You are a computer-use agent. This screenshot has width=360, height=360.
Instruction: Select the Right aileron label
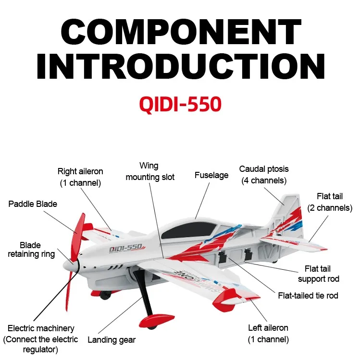tap(80, 177)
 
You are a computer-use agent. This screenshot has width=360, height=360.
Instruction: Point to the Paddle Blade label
tap(33, 204)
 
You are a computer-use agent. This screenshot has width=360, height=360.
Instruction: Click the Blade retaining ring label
tap(30, 250)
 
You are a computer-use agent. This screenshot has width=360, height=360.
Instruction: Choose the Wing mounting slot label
tap(149, 172)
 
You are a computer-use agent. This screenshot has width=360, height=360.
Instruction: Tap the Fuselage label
tap(211, 175)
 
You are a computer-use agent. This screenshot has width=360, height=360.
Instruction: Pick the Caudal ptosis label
tap(264, 175)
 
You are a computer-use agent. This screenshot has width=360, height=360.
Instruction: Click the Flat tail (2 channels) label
tap(330, 202)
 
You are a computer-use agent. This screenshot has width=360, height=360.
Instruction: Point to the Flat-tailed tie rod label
tap(308, 295)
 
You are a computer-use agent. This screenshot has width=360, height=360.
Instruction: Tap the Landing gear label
tap(112, 340)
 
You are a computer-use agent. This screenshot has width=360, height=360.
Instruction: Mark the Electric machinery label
tap(41, 339)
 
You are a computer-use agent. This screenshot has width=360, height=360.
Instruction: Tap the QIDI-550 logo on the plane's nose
tap(125, 248)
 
